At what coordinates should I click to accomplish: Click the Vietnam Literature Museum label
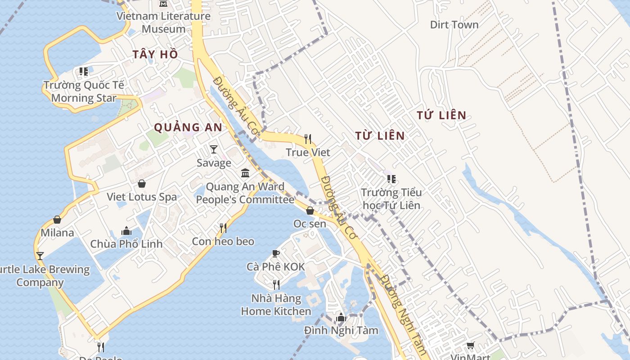[163, 22]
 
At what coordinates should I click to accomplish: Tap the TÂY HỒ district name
[155, 55]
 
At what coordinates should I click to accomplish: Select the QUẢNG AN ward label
[188, 127]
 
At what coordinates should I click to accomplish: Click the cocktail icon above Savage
[214, 149]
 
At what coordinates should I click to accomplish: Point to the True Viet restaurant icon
[308, 139]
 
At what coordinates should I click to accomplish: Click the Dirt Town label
[454, 25]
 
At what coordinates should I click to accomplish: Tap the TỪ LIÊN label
[380, 135]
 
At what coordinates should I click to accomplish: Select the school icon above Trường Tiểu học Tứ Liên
[391, 179]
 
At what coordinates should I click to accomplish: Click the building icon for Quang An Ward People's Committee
[245, 173]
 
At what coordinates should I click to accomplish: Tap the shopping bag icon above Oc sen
[310, 210]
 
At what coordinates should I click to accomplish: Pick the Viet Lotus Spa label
[142, 197]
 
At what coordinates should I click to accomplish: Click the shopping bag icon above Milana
[57, 220]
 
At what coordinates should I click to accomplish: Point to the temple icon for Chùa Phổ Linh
[126, 231]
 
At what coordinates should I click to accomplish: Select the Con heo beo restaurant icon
[223, 228]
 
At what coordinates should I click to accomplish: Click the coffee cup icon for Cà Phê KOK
[276, 254]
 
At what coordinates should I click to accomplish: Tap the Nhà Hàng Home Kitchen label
[276, 305]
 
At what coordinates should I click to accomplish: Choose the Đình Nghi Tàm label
[341, 331]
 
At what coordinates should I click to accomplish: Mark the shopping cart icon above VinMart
[470, 345]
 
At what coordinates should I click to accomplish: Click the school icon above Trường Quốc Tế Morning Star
[84, 72]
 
